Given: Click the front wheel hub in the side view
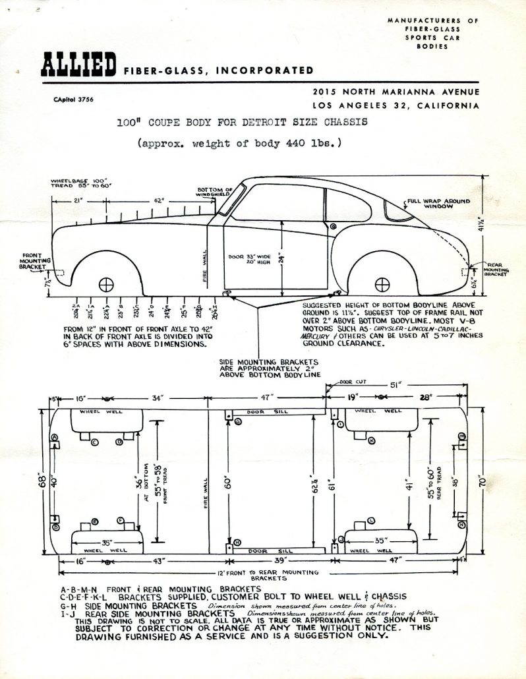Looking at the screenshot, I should click(105, 285).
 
